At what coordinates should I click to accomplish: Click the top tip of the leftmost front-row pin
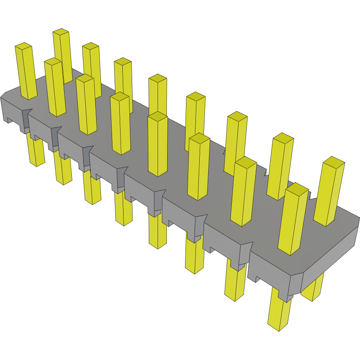(24, 45)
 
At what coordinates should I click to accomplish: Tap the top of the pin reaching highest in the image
(61, 31)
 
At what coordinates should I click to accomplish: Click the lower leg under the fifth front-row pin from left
(157, 231)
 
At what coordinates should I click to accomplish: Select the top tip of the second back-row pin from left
(91, 45)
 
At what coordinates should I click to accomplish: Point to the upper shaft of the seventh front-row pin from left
(243, 192)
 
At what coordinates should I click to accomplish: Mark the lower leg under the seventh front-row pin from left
(235, 282)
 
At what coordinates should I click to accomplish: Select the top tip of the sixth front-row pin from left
(199, 138)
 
